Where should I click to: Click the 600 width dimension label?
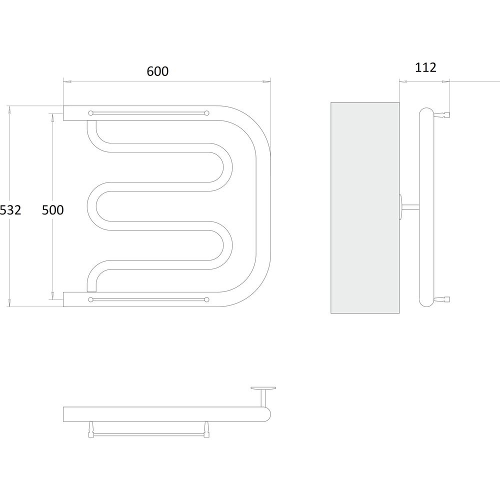tap(157, 71)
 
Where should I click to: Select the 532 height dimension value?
tap(10, 210)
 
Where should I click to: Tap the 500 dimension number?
tap(53, 210)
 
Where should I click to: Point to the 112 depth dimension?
tap(425, 67)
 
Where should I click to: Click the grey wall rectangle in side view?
tap(365, 208)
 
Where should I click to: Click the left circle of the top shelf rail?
tap(90, 113)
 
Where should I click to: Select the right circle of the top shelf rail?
tap(206, 113)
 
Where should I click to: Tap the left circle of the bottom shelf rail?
tap(90, 299)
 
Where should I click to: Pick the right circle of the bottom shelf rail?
tap(206, 299)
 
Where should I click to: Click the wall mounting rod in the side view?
tap(410, 207)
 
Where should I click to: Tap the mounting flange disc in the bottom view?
tap(263, 388)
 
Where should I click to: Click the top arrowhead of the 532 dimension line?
tap(9, 109)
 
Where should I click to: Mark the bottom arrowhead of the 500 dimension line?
tap(52, 296)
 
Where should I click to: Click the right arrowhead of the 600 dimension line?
tap(266, 81)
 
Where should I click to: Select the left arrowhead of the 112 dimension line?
tap(403, 81)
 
